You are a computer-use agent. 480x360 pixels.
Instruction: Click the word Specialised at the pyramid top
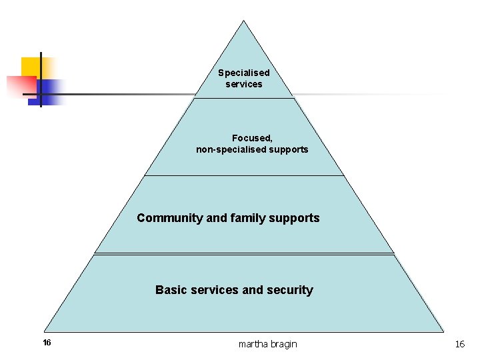pyautogui.click(x=244, y=73)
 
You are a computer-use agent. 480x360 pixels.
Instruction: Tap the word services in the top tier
pyautogui.click(x=244, y=84)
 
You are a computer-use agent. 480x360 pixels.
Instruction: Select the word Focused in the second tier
pyautogui.click(x=251, y=138)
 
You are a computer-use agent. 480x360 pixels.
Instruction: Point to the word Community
pyautogui.click(x=170, y=218)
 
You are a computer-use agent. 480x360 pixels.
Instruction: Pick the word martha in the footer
pyautogui.click(x=253, y=344)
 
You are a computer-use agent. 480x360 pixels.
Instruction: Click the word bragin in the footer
pyautogui.click(x=284, y=344)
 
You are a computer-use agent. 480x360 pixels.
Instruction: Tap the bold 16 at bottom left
pyautogui.click(x=47, y=343)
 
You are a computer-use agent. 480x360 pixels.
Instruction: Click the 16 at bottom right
pyautogui.click(x=459, y=344)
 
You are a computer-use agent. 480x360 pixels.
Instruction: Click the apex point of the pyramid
pyautogui.click(x=243, y=21)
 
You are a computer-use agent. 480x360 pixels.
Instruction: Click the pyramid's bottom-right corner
pyautogui.click(x=443, y=331)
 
